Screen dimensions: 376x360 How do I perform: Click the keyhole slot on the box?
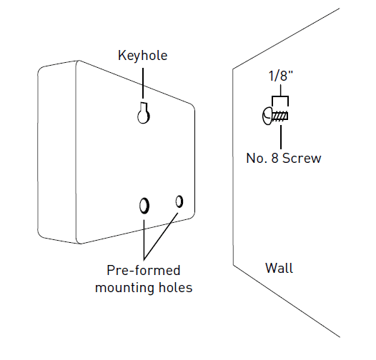(144, 114)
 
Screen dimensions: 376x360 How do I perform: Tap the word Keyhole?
(143, 56)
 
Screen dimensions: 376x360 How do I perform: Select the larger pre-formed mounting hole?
(144, 206)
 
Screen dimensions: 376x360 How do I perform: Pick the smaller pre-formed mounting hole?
(179, 201)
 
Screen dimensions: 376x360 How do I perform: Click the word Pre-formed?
(144, 271)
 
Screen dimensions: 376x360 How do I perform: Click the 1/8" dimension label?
(281, 76)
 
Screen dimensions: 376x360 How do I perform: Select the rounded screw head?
(267, 116)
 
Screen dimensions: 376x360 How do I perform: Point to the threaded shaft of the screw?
(279, 116)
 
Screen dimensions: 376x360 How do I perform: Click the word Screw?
(302, 159)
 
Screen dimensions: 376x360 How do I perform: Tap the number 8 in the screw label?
(274, 159)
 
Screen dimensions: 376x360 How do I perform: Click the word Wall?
(279, 268)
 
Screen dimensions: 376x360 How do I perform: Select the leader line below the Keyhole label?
(143, 83)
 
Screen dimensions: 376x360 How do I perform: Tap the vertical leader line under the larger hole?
(144, 240)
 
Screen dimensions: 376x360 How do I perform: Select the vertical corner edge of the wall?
(233, 167)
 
